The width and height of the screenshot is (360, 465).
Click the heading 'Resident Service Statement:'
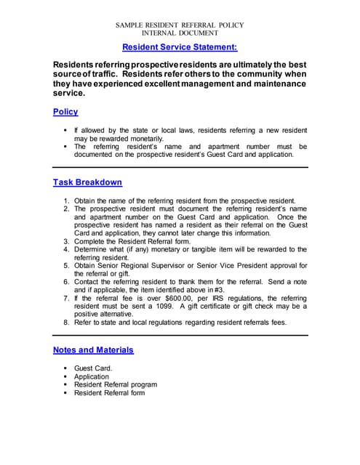[x=180, y=47]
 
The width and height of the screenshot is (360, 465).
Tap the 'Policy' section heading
[x=65, y=112]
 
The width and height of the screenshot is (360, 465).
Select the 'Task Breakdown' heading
[x=87, y=182]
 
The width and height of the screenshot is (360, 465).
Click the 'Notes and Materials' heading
[x=93, y=349]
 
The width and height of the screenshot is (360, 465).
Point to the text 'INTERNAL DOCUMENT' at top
[x=180, y=33]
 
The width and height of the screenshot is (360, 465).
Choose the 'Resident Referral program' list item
[x=115, y=385]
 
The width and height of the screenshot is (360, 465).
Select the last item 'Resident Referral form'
[x=109, y=393]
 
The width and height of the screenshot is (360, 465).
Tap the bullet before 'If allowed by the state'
[x=65, y=130]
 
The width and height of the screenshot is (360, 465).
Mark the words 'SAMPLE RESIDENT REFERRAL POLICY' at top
[x=180, y=25]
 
